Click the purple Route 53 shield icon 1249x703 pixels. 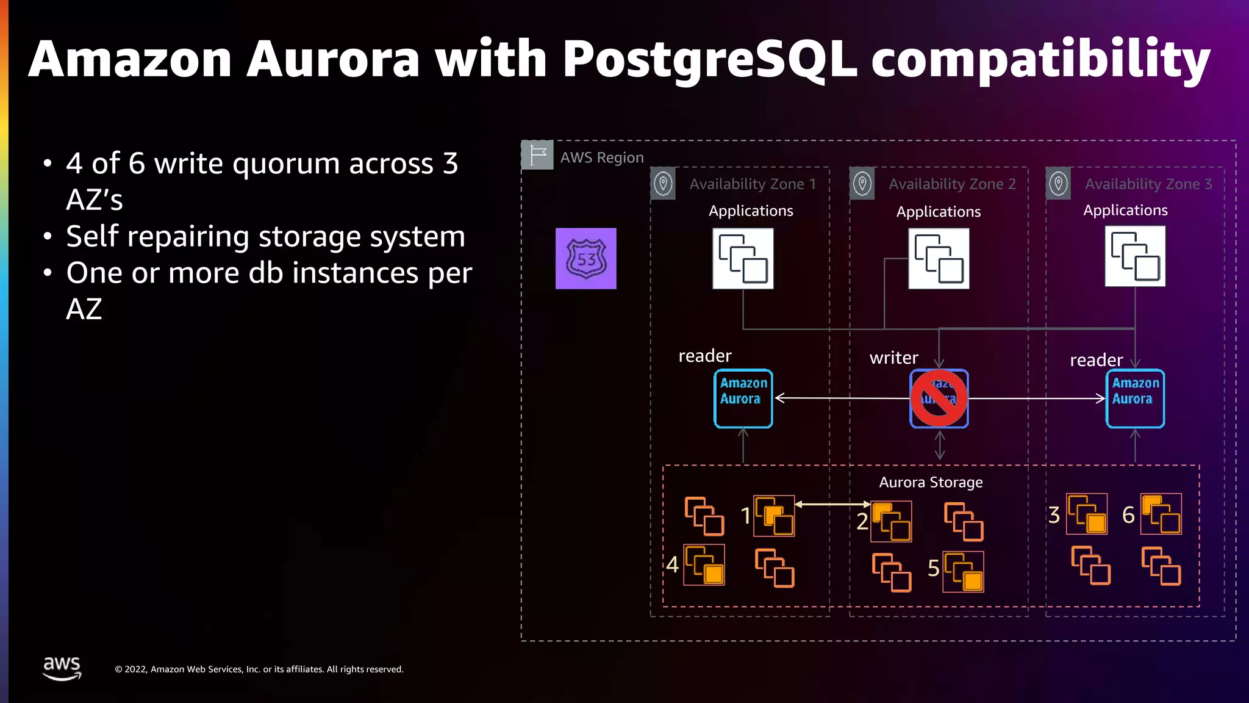pos(585,258)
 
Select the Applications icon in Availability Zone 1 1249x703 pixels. pos(743,258)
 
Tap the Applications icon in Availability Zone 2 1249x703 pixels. pos(939,258)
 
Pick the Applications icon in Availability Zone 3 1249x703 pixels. pos(1135,256)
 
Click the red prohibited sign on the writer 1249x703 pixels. pos(939,398)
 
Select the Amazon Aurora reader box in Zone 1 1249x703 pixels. pos(743,398)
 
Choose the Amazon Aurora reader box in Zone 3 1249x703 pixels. pos(1135,398)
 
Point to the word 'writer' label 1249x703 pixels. pos(893,358)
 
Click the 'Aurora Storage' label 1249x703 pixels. pos(931,482)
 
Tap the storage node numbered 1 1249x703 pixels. pos(774,516)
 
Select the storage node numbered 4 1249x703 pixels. pos(704,564)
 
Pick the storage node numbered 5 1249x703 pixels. pos(964,572)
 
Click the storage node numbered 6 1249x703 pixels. pos(1161,514)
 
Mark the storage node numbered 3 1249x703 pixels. pos(1087,514)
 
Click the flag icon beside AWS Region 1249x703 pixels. pos(537,155)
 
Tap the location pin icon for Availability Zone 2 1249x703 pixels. pos(862,183)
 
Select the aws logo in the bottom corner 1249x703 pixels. pos(62,668)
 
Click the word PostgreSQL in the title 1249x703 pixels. pos(709,59)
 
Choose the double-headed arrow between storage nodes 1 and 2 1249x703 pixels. pos(832,504)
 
